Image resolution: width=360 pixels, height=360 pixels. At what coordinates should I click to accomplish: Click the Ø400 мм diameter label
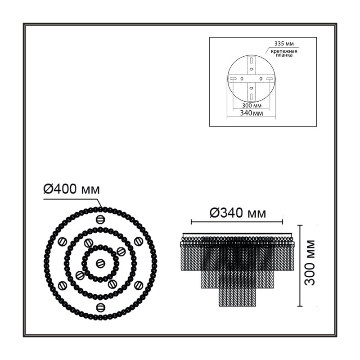72,189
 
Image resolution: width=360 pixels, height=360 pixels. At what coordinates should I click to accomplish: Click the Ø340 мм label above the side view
238,213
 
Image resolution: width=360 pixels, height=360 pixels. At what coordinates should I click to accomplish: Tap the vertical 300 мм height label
310,263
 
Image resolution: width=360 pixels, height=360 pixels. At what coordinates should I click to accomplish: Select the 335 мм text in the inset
284,43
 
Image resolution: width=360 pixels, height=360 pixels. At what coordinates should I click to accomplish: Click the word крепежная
284,51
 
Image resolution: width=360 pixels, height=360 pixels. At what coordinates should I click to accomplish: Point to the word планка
284,55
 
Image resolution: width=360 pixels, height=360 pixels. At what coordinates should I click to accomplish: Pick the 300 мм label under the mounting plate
252,106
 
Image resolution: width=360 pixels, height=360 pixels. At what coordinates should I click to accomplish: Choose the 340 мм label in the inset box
252,113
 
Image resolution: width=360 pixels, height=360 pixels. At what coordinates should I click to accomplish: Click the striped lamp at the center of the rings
100,263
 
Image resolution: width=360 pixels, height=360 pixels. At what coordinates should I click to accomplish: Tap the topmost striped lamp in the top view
100,220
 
